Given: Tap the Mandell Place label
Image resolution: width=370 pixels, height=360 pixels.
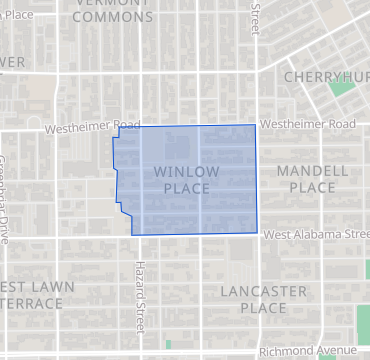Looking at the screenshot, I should (312, 179).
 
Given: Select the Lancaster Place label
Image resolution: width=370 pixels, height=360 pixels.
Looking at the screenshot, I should (263, 299).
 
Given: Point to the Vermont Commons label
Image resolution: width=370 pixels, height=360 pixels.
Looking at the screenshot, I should (112, 9).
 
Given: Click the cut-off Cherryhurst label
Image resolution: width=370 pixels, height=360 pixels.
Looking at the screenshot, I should (325, 77).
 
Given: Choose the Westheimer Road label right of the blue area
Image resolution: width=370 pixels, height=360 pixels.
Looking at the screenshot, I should (307, 124).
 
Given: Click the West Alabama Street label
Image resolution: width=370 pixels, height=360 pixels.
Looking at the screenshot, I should (316, 234).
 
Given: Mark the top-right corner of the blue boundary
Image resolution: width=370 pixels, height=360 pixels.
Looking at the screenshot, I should (255, 125).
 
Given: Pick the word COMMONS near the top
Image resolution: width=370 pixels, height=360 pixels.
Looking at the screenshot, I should (112, 17).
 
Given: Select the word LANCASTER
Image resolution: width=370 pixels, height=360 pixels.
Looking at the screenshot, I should (263, 291).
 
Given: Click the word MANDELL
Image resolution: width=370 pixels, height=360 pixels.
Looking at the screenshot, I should (312, 171).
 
